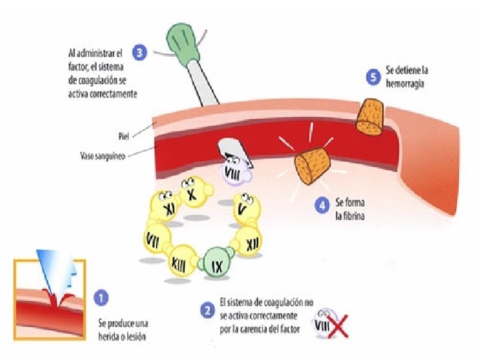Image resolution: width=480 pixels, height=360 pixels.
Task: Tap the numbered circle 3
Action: (139, 53)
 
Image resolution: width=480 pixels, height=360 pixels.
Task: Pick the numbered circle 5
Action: (374, 77)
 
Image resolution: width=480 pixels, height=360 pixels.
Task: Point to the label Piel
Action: (123, 136)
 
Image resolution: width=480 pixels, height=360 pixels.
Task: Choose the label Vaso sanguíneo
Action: (99, 155)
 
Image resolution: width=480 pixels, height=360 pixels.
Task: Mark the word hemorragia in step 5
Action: (405, 85)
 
